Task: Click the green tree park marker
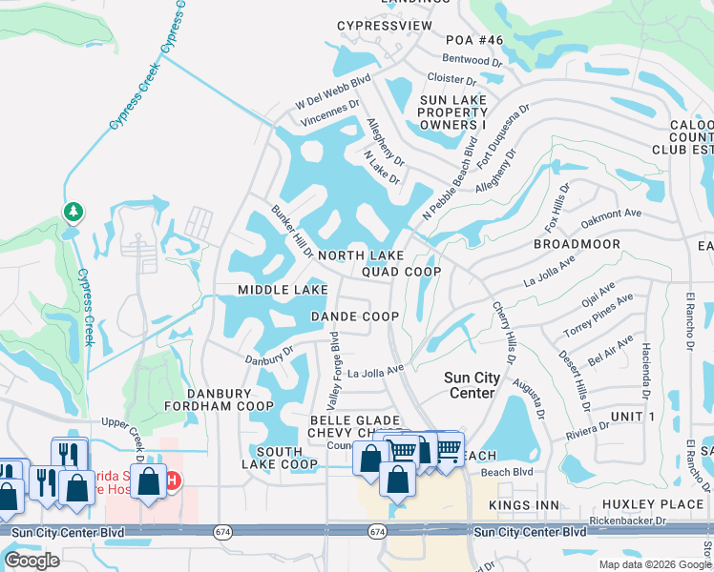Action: click(x=73, y=211)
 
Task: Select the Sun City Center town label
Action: click(x=472, y=385)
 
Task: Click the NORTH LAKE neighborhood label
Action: click(x=361, y=255)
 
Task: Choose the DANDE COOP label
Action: click(x=354, y=317)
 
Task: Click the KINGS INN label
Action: click(x=522, y=503)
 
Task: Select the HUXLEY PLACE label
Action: click(x=644, y=503)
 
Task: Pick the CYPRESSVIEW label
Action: click(x=385, y=26)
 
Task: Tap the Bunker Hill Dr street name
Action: click(x=292, y=232)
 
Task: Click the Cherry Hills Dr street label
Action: click(x=503, y=333)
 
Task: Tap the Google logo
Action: click(x=32, y=561)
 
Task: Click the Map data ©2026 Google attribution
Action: click(x=655, y=564)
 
